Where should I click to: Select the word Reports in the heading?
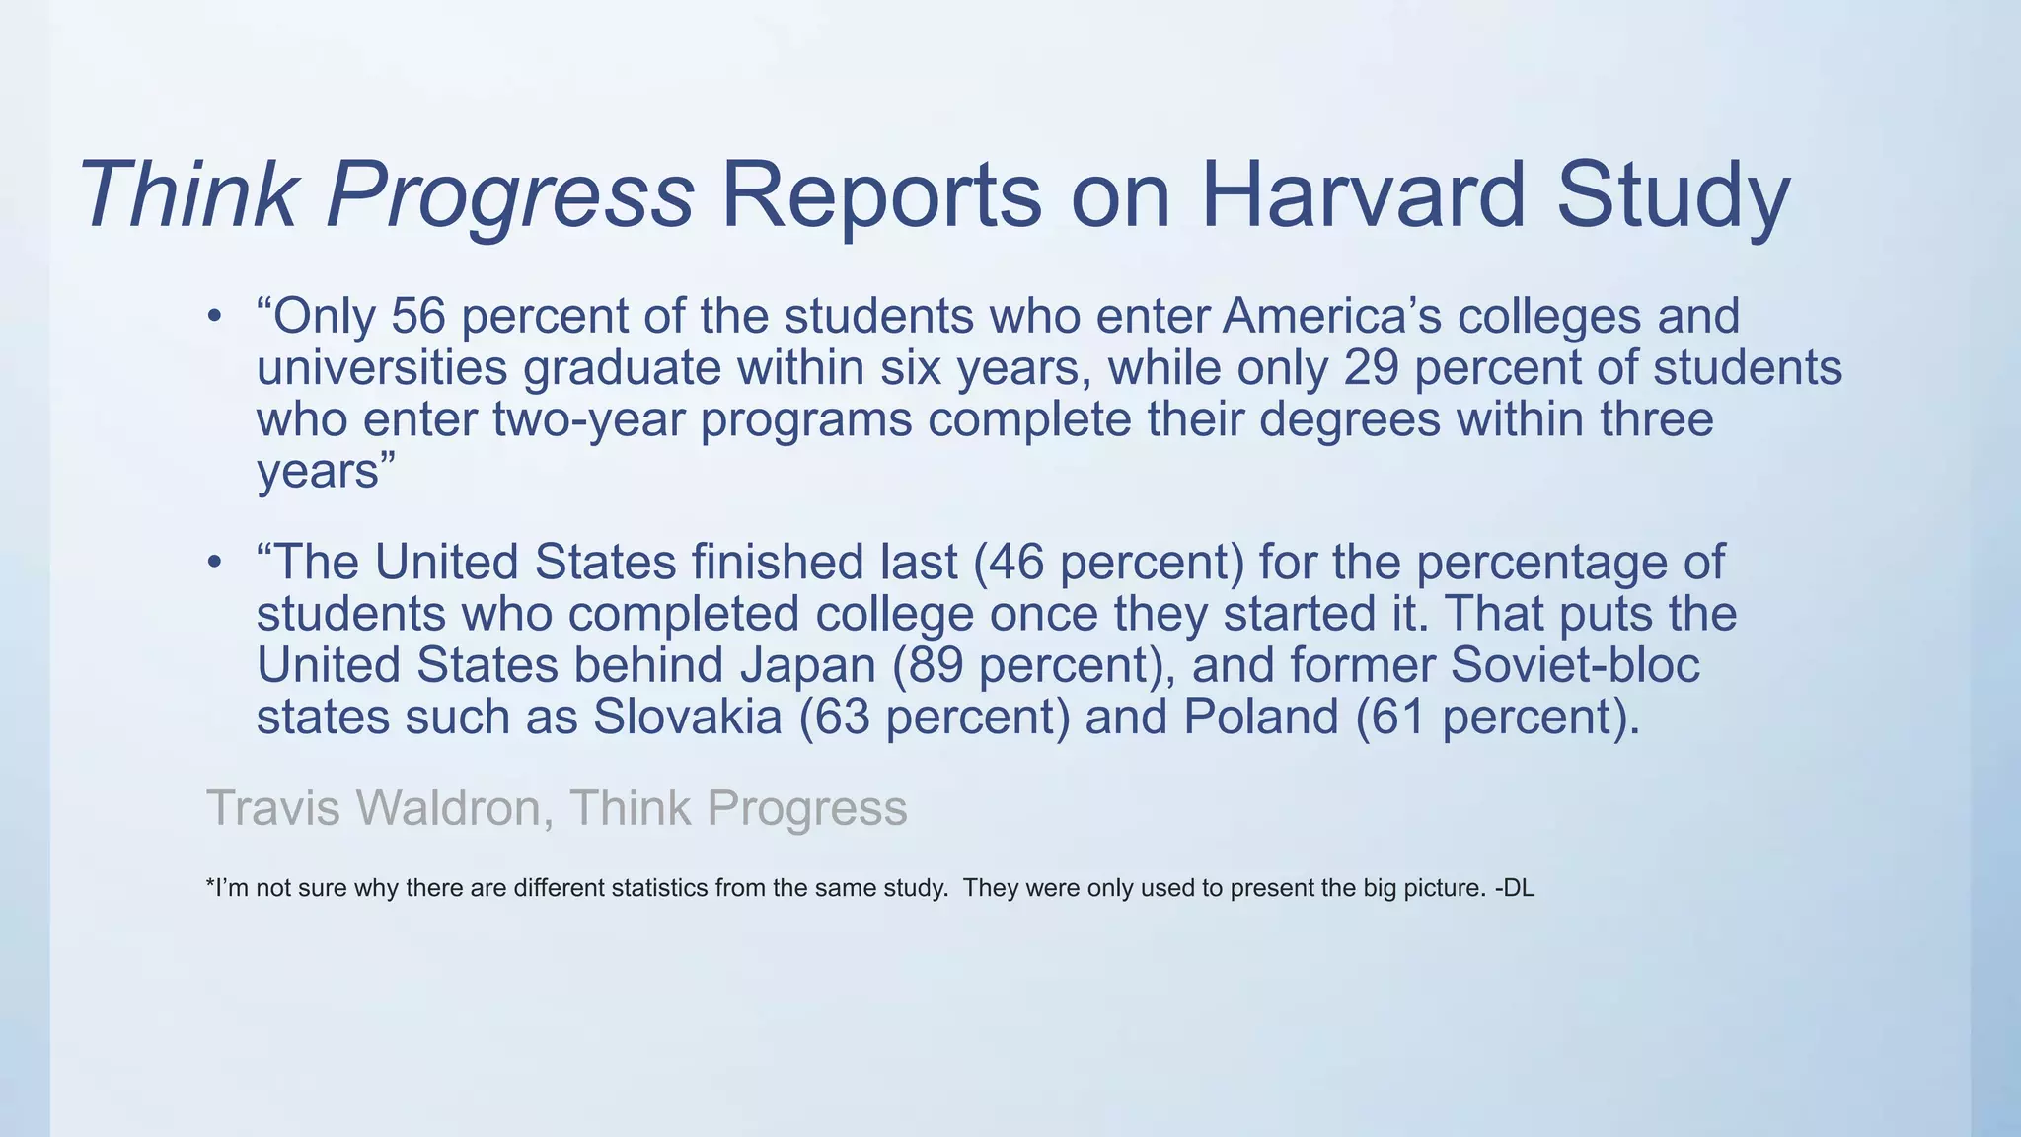tap(881, 194)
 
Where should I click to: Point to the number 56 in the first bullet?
tap(418, 316)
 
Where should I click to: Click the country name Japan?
tap(807, 664)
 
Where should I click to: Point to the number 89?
tap(935, 664)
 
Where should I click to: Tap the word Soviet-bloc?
tap(1575, 664)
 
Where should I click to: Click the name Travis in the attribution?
tap(273, 807)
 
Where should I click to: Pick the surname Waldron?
tap(448, 807)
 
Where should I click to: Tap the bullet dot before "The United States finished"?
tap(214, 564)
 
